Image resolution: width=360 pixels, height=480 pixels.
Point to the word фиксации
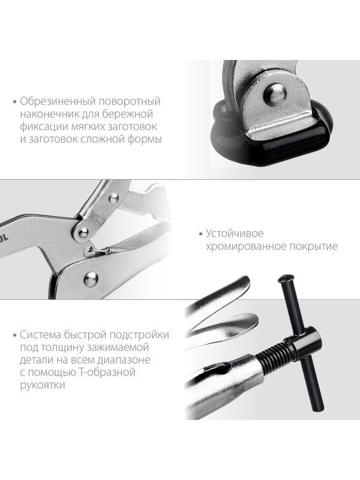click(44, 127)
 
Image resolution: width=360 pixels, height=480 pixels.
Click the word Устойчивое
click(235, 233)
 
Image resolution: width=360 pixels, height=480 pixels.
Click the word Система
click(41, 334)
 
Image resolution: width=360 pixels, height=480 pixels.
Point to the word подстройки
click(139, 334)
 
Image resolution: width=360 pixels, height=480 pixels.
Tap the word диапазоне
click(119, 360)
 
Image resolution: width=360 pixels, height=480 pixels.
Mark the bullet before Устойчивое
click(199, 234)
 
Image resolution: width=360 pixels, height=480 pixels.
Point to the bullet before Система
click(14, 335)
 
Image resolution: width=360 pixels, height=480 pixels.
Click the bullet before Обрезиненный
click(14, 102)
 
